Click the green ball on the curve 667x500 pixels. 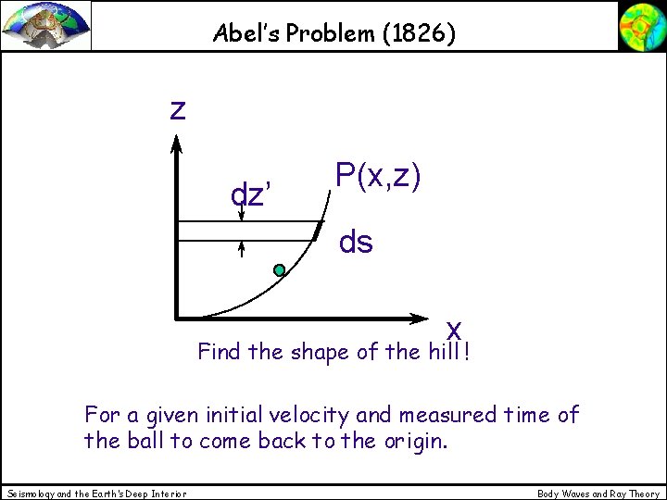(x=279, y=270)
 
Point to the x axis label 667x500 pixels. (x=454, y=329)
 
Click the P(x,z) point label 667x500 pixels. (x=379, y=176)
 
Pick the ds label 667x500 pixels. (x=357, y=243)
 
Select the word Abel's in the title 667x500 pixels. (x=243, y=34)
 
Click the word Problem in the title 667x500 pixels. (x=324, y=34)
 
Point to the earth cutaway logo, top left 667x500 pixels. (x=46, y=25)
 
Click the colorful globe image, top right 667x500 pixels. (x=641, y=25)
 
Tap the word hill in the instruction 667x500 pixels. (x=447, y=352)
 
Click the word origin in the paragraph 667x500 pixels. (x=414, y=440)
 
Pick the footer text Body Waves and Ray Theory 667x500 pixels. (x=598, y=494)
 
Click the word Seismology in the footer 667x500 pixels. (x=29, y=494)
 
